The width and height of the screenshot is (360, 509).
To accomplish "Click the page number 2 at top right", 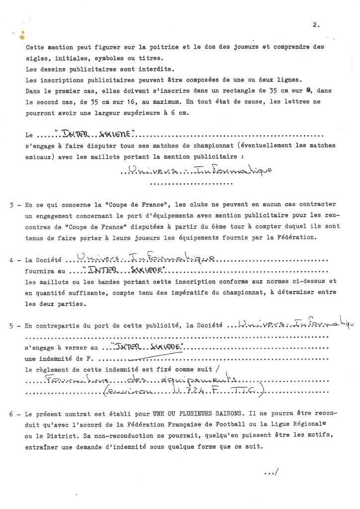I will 316,24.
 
